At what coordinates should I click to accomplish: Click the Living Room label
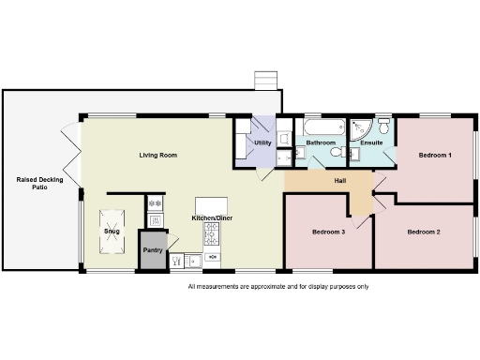pyautogui.click(x=158, y=155)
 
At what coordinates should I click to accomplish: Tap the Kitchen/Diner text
pyautogui.click(x=212, y=218)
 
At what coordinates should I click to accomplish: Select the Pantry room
pyautogui.click(x=152, y=250)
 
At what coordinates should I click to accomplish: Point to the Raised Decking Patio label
pyautogui.click(x=39, y=184)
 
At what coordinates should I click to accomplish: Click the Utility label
pyautogui.click(x=262, y=142)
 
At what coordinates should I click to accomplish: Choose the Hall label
pyautogui.click(x=341, y=181)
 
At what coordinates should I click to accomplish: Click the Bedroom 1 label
pyautogui.click(x=435, y=155)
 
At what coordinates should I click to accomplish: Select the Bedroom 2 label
pyautogui.click(x=424, y=231)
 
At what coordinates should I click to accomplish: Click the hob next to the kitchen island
pyautogui.click(x=213, y=254)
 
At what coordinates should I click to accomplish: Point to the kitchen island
pyautogui.click(x=212, y=204)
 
